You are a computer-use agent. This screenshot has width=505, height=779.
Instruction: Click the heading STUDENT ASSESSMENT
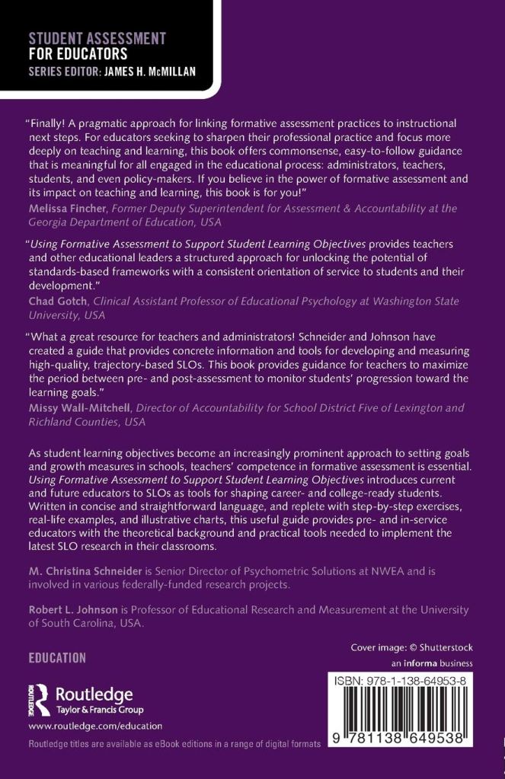coord(97,37)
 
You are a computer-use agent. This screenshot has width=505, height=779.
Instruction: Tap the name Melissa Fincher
coord(68,208)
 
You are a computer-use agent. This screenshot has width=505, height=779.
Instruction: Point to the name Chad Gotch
coord(58,301)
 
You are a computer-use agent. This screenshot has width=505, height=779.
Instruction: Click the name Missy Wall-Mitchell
coord(79,407)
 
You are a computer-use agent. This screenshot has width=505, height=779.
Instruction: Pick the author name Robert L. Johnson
coord(75,610)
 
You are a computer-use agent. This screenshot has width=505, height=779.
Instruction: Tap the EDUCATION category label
coord(57,658)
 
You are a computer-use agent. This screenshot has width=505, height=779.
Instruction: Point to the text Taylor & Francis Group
coord(95,707)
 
